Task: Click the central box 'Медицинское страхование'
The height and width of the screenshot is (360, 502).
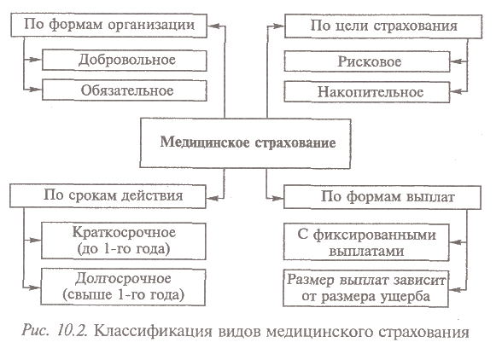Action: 245,143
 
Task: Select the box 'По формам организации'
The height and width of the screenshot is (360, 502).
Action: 109,26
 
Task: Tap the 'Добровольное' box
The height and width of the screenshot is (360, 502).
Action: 125,61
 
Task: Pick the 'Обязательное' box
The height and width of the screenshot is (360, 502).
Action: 125,90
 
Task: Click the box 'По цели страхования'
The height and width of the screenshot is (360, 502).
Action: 383,26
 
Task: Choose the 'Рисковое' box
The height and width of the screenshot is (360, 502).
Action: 367,61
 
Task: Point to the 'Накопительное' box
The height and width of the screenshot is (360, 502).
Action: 367,92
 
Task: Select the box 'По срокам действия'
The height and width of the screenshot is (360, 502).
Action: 108,196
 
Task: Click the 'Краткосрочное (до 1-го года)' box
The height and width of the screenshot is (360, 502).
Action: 124,241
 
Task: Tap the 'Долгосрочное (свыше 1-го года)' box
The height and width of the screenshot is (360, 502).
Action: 123,287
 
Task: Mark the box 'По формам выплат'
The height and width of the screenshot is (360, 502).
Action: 382,197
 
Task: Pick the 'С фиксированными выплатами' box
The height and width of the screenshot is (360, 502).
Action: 366,242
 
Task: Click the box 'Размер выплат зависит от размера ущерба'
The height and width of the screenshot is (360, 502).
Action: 366,288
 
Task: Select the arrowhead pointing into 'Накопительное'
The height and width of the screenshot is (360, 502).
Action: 456,92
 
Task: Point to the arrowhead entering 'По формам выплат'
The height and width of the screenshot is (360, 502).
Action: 278,199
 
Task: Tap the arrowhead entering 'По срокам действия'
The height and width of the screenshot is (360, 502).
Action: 212,199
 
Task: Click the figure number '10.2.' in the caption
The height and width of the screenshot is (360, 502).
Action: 73,330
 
